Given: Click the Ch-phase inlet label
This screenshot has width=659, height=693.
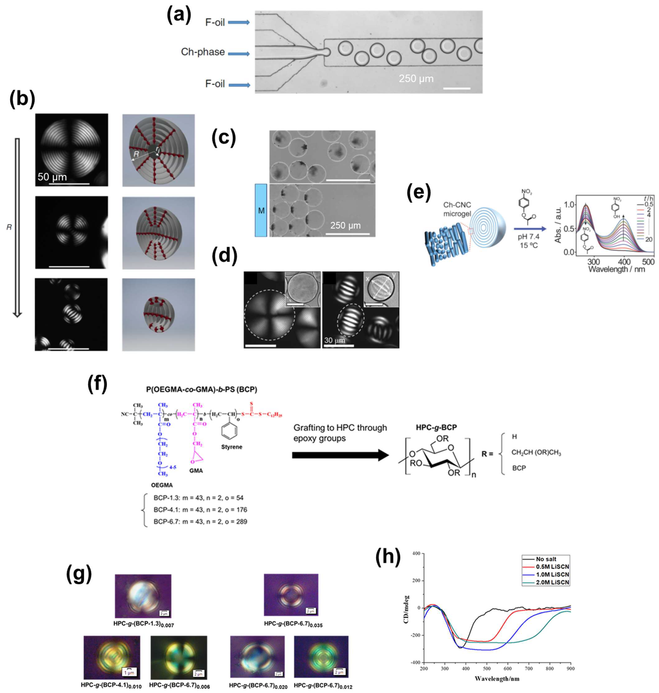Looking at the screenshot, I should coord(203,52).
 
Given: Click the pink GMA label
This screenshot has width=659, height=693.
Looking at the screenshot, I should coord(196,471).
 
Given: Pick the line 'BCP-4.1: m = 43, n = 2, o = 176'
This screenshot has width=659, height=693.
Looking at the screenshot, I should coord(200,510).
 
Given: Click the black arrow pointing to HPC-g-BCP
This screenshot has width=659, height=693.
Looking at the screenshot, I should coord(340,455).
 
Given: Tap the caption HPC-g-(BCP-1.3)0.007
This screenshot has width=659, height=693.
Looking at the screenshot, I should coord(143,624).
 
